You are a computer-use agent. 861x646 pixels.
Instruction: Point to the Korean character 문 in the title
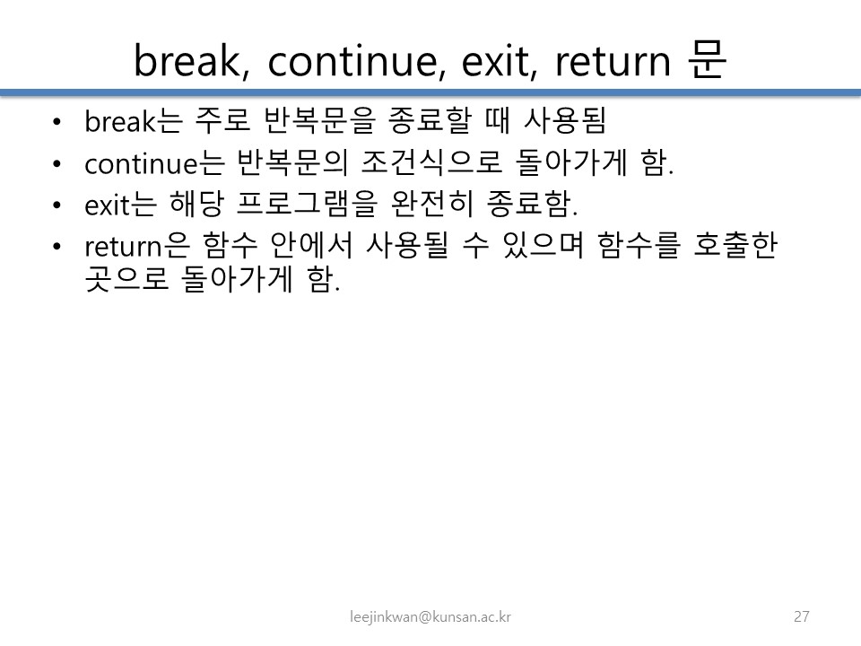[708, 59]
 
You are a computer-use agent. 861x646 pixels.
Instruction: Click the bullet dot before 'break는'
[57, 121]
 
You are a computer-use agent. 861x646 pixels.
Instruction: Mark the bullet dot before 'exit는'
[57, 205]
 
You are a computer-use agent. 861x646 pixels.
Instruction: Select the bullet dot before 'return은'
[57, 247]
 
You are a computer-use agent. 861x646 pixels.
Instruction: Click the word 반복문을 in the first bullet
[319, 120]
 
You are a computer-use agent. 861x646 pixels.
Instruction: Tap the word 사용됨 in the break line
[565, 120]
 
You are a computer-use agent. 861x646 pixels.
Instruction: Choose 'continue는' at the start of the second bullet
[154, 162]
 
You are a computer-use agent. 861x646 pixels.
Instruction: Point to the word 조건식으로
[431, 162]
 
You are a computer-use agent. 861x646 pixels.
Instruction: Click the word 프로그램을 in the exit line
[308, 204]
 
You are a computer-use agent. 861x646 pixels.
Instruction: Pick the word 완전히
[432, 204]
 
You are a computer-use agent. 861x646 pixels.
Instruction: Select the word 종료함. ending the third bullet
[532, 204]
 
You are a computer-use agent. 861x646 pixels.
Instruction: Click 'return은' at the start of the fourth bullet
[137, 246]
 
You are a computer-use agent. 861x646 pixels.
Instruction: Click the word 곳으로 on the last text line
[126, 279]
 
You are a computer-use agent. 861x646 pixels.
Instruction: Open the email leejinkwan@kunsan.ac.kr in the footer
[430, 617]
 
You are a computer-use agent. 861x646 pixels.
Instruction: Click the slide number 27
[802, 616]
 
